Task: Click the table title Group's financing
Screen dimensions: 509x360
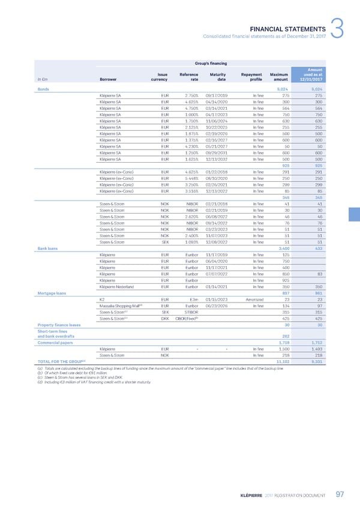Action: pos(208,62)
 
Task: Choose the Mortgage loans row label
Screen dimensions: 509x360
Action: pos(52,293)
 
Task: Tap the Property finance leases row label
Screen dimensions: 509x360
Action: pos(59,324)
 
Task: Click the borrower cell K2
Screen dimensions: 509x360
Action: pos(102,299)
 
